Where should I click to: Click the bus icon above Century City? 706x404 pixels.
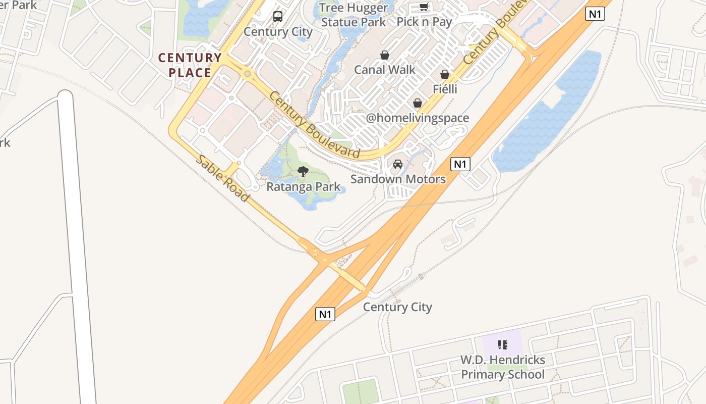pyautogui.click(x=278, y=17)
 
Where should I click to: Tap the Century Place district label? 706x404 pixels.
pyautogui.click(x=190, y=65)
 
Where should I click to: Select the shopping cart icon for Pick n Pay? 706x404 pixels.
pyautogui.click(x=424, y=7)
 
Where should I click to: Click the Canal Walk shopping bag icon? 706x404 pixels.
pyautogui.click(x=385, y=55)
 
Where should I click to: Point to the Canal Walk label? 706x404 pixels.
pyautogui.click(x=385, y=70)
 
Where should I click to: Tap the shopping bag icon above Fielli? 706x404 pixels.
pyautogui.click(x=445, y=74)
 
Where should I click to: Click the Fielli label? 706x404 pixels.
pyautogui.click(x=445, y=89)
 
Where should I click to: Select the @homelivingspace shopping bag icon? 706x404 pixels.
pyautogui.click(x=418, y=104)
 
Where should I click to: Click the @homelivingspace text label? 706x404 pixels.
pyautogui.click(x=418, y=118)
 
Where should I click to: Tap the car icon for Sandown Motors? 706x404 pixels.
pyautogui.click(x=398, y=164)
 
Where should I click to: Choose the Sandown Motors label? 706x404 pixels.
pyautogui.click(x=398, y=179)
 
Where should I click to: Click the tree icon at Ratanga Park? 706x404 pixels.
pyautogui.click(x=303, y=172)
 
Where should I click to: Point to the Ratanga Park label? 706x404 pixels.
pyautogui.click(x=303, y=187)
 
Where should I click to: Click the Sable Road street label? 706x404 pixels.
pyautogui.click(x=222, y=178)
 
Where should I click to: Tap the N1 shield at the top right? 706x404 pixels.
pyautogui.click(x=595, y=14)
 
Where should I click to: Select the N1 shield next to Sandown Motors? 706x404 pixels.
pyautogui.click(x=460, y=164)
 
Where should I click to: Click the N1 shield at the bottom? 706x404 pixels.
pyautogui.click(x=325, y=314)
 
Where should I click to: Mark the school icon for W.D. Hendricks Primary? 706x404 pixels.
pyautogui.click(x=503, y=345)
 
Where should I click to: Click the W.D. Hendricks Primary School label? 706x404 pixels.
pyautogui.click(x=503, y=367)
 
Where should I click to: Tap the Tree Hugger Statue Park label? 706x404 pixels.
pyautogui.click(x=354, y=15)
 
